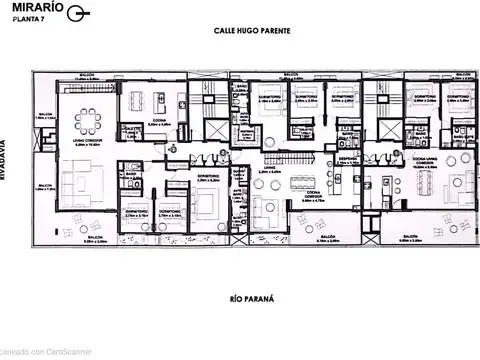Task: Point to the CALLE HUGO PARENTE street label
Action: pos(252,32)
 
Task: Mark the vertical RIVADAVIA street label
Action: pos(8,157)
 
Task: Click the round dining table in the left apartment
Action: pos(88,121)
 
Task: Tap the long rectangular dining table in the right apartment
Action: pos(419,184)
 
